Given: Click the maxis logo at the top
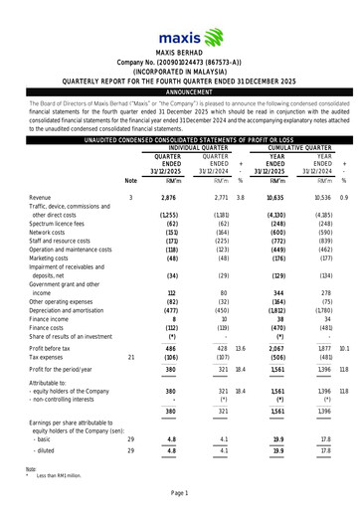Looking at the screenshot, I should (x=180, y=22).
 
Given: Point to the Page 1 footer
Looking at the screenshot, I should (x=180, y=493).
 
